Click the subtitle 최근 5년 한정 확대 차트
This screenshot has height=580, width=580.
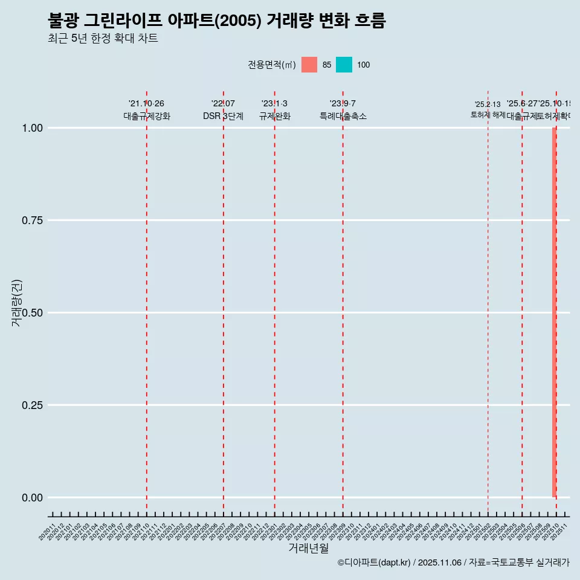(x=103, y=39)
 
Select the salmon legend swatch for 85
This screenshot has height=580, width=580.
(x=309, y=65)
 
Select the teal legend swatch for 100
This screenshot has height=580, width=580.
(x=344, y=65)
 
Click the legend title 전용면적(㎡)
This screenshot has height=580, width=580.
(x=271, y=65)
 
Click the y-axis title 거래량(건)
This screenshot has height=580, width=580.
(x=16, y=303)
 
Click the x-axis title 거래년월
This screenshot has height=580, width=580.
(x=308, y=549)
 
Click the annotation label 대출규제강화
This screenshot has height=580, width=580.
(x=147, y=117)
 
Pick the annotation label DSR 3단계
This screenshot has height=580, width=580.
(x=223, y=117)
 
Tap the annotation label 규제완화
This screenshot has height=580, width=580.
(x=275, y=117)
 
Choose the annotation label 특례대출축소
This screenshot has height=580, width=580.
(x=343, y=117)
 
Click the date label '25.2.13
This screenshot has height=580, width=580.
(x=488, y=105)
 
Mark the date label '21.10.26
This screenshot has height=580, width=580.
(x=146, y=104)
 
